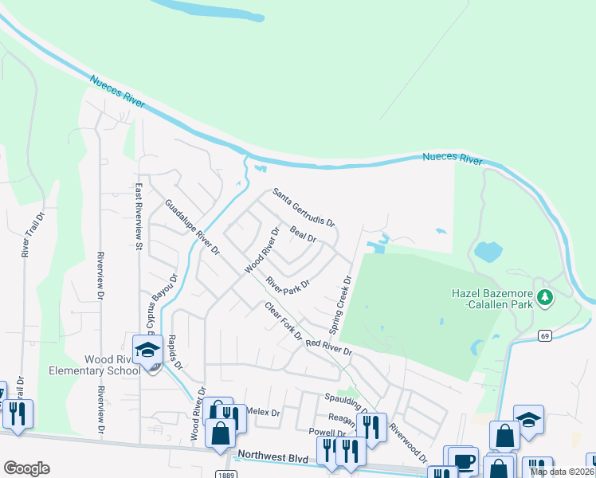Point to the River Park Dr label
click(x=287, y=284)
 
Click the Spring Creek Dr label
click(x=340, y=305)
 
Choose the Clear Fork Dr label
click(x=283, y=320)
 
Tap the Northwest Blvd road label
click(x=273, y=457)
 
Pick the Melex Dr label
click(x=264, y=413)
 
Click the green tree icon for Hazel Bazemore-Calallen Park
click(x=545, y=298)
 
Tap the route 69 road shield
click(x=544, y=336)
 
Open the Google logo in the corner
click(x=26, y=468)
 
